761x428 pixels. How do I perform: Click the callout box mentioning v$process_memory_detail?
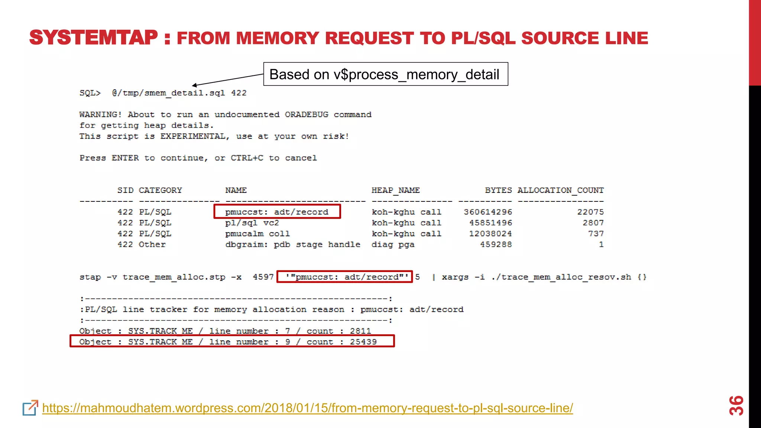[385, 74]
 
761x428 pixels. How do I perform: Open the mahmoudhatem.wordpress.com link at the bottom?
[307, 408]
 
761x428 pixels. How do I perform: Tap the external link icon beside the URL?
[30, 408]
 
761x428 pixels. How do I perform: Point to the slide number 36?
[736, 405]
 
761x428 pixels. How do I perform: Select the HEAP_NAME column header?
[395, 190]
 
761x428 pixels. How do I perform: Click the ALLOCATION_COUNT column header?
[560, 190]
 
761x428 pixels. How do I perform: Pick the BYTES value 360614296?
[488, 212]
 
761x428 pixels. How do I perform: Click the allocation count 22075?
[590, 212]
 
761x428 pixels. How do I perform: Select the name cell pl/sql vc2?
[252, 223]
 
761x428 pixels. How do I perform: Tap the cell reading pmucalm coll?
[257, 234]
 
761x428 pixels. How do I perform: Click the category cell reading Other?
[152, 244]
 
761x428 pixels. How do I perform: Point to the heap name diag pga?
[393, 244]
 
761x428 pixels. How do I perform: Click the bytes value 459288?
[496, 244]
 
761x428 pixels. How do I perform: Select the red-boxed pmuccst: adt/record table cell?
[277, 212]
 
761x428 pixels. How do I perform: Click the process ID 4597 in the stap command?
[263, 277]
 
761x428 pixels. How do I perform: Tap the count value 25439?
[363, 342]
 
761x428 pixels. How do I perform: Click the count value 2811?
[360, 331]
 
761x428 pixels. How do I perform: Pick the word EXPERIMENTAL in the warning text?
[192, 136]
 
